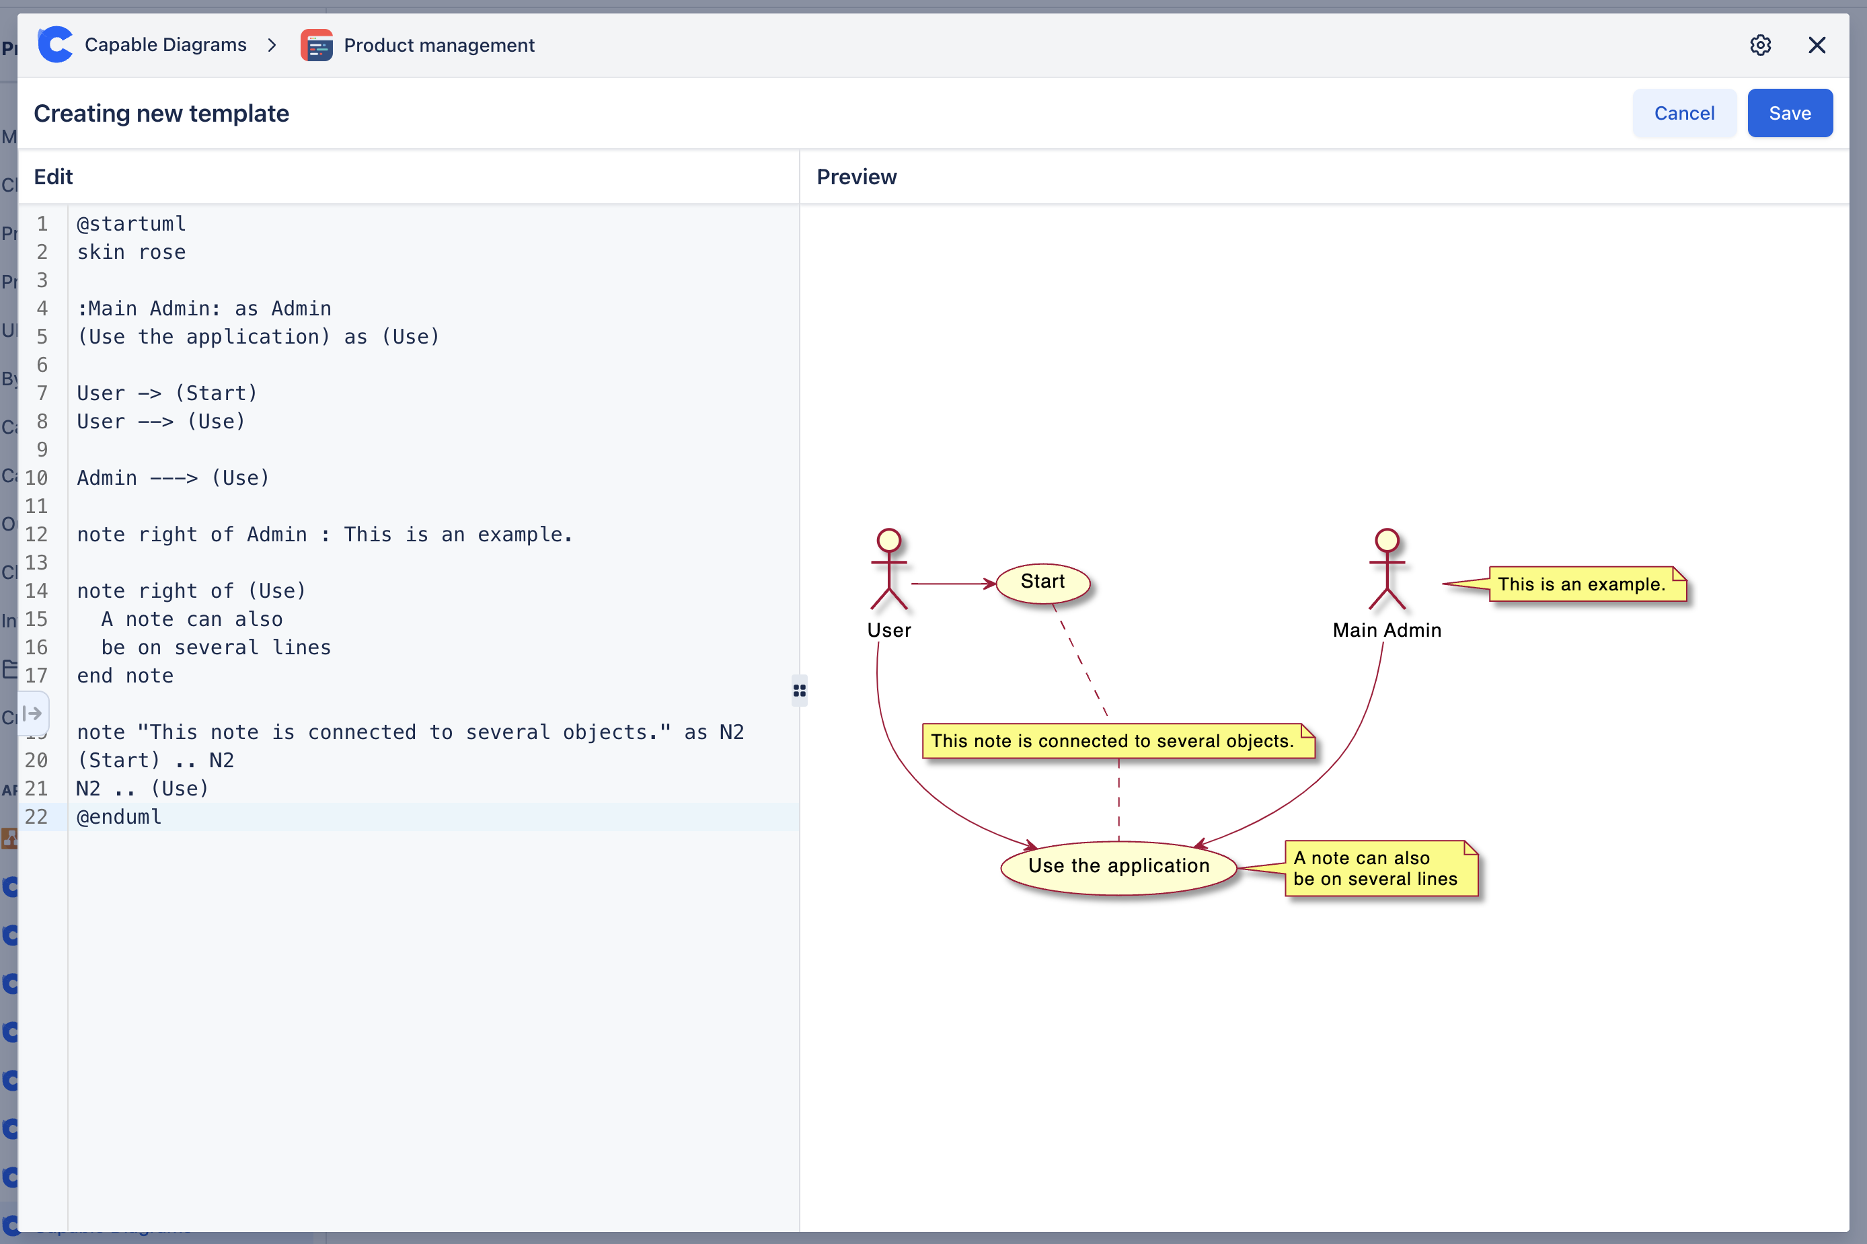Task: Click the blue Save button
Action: (x=1789, y=114)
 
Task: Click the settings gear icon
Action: (x=1760, y=45)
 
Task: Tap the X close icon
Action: (x=1816, y=45)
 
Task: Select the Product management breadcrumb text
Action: (x=439, y=45)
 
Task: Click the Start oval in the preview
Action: (x=1042, y=582)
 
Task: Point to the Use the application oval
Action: (x=1118, y=866)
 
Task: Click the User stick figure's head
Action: (x=888, y=540)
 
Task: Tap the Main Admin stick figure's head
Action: (x=1386, y=540)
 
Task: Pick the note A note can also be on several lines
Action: (x=1379, y=869)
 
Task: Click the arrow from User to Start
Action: (x=952, y=584)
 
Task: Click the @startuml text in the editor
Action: (x=132, y=225)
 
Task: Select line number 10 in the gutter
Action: (x=36, y=478)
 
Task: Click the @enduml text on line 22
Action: (x=119, y=817)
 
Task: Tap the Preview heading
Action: (x=856, y=177)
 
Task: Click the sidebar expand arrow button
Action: (x=32, y=713)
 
